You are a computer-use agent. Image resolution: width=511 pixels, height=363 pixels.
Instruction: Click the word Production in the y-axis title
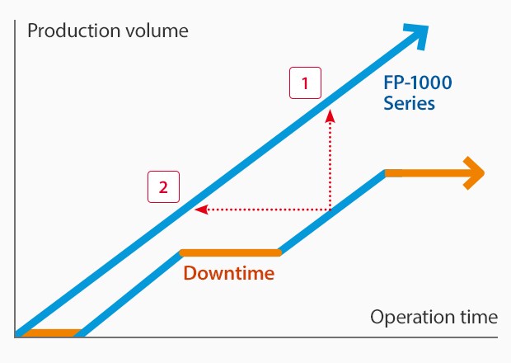pos(74,31)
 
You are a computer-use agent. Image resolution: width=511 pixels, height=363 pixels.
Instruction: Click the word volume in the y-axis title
pos(157,31)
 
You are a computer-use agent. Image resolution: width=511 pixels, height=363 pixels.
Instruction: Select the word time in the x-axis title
pos(479,317)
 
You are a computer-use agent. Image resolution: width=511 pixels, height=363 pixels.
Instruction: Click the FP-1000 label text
pos(418,82)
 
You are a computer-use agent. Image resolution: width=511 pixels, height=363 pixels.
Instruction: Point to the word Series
pos(409,103)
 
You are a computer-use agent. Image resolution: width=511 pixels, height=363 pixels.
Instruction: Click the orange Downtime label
pos(229,272)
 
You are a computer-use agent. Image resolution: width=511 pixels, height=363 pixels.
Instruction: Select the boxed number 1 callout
pos(305,82)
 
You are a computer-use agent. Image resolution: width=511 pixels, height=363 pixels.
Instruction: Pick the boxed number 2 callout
pos(163,187)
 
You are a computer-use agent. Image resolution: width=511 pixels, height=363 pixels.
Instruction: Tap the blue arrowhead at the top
pos(417,35)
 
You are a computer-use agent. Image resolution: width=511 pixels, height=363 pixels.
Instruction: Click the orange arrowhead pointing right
pos(474,173)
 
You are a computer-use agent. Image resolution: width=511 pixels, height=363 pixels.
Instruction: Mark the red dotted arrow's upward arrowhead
pos(331,115)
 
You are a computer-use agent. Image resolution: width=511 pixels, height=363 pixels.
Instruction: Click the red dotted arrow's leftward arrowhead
pos(201,210)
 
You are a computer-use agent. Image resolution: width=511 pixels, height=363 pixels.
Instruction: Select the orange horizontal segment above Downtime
pos(231,252)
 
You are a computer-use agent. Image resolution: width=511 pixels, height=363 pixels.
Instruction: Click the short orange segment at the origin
pos(52,333)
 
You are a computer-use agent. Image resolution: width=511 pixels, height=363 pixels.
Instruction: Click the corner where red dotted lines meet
pos(331,210)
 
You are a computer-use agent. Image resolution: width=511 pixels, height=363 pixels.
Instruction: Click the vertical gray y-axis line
pos(15,178)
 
